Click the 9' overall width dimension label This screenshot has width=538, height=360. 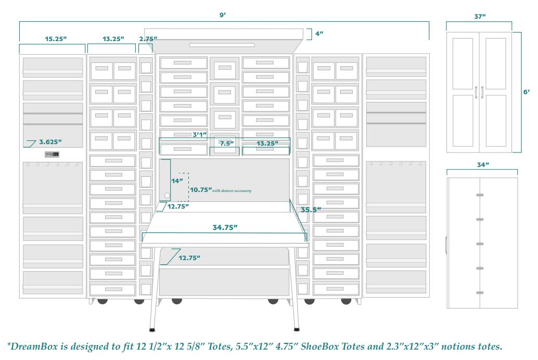(x=222, y=15)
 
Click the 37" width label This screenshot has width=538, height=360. (x=480, y=17)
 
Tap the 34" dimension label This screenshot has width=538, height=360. (x=483, y=164)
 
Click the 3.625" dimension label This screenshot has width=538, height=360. (x=50, y=142)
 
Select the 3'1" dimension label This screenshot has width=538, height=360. (x=200, y=134)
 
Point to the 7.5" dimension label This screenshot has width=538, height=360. (x=226, y=143)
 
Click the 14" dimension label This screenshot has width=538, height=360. (x=177, y=181)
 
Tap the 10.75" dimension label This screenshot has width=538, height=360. (x=200, y=190)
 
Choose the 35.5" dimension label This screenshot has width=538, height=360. (x=311, y=210)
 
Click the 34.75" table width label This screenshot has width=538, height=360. (x=225, y=227)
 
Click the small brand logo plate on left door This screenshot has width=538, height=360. (x=52, y=155)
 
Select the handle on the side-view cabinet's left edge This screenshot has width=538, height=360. (x=446, y=245)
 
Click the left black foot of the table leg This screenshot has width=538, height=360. (x=151, y=329)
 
